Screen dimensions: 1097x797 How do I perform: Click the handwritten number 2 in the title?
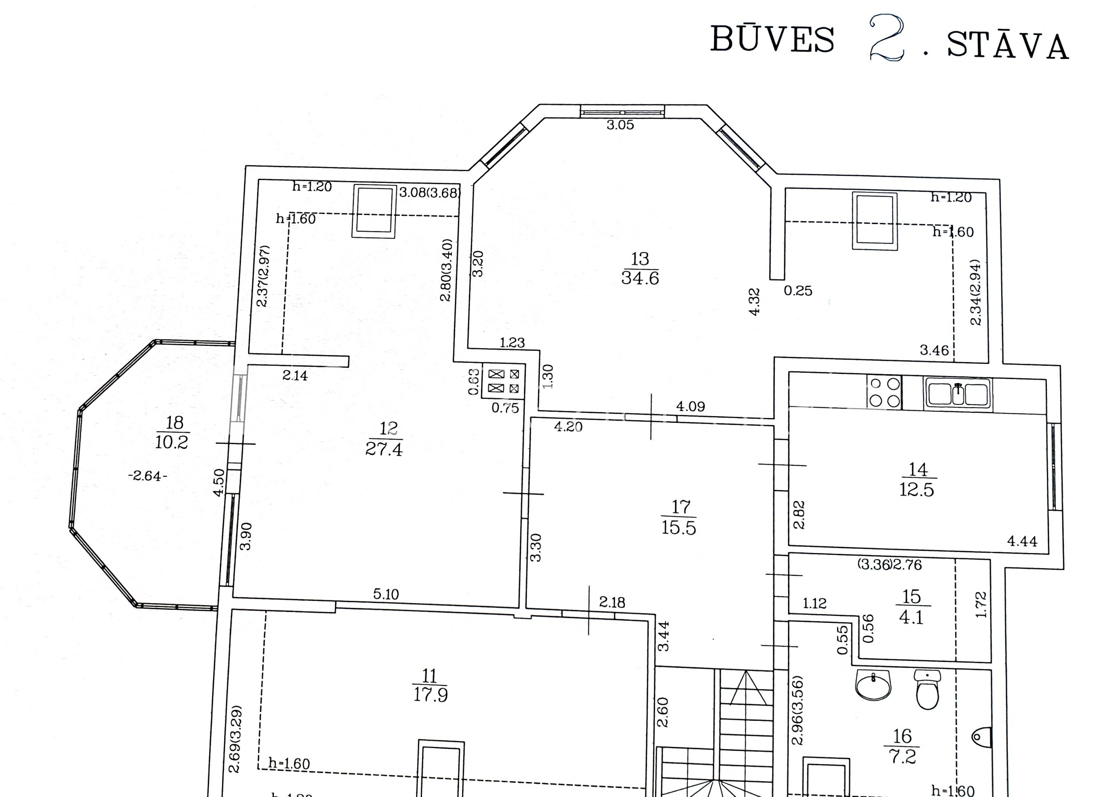[886, 38]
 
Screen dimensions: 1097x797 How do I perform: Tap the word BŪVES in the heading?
[773, 39]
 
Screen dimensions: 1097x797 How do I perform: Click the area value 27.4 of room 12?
[383, 449]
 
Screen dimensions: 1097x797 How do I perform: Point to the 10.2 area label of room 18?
[172, 442]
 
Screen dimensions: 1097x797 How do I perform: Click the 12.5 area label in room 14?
[917, 490]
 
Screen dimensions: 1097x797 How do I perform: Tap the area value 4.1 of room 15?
[911, 617]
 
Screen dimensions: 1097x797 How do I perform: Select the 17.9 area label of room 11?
[430, 695]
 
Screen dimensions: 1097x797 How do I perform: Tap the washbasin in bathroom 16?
[873, 685]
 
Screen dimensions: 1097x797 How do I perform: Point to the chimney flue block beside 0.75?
[504, 381]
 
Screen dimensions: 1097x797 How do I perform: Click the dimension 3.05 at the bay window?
[620, 125]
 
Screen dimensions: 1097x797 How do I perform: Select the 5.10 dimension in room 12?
[386, 594]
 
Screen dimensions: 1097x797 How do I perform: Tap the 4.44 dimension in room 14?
[1022, 542]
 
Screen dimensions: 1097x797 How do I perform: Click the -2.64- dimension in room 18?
[148, 476]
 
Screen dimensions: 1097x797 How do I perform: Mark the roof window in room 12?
[375, 211]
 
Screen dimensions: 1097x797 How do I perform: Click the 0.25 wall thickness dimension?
[798, 291]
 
